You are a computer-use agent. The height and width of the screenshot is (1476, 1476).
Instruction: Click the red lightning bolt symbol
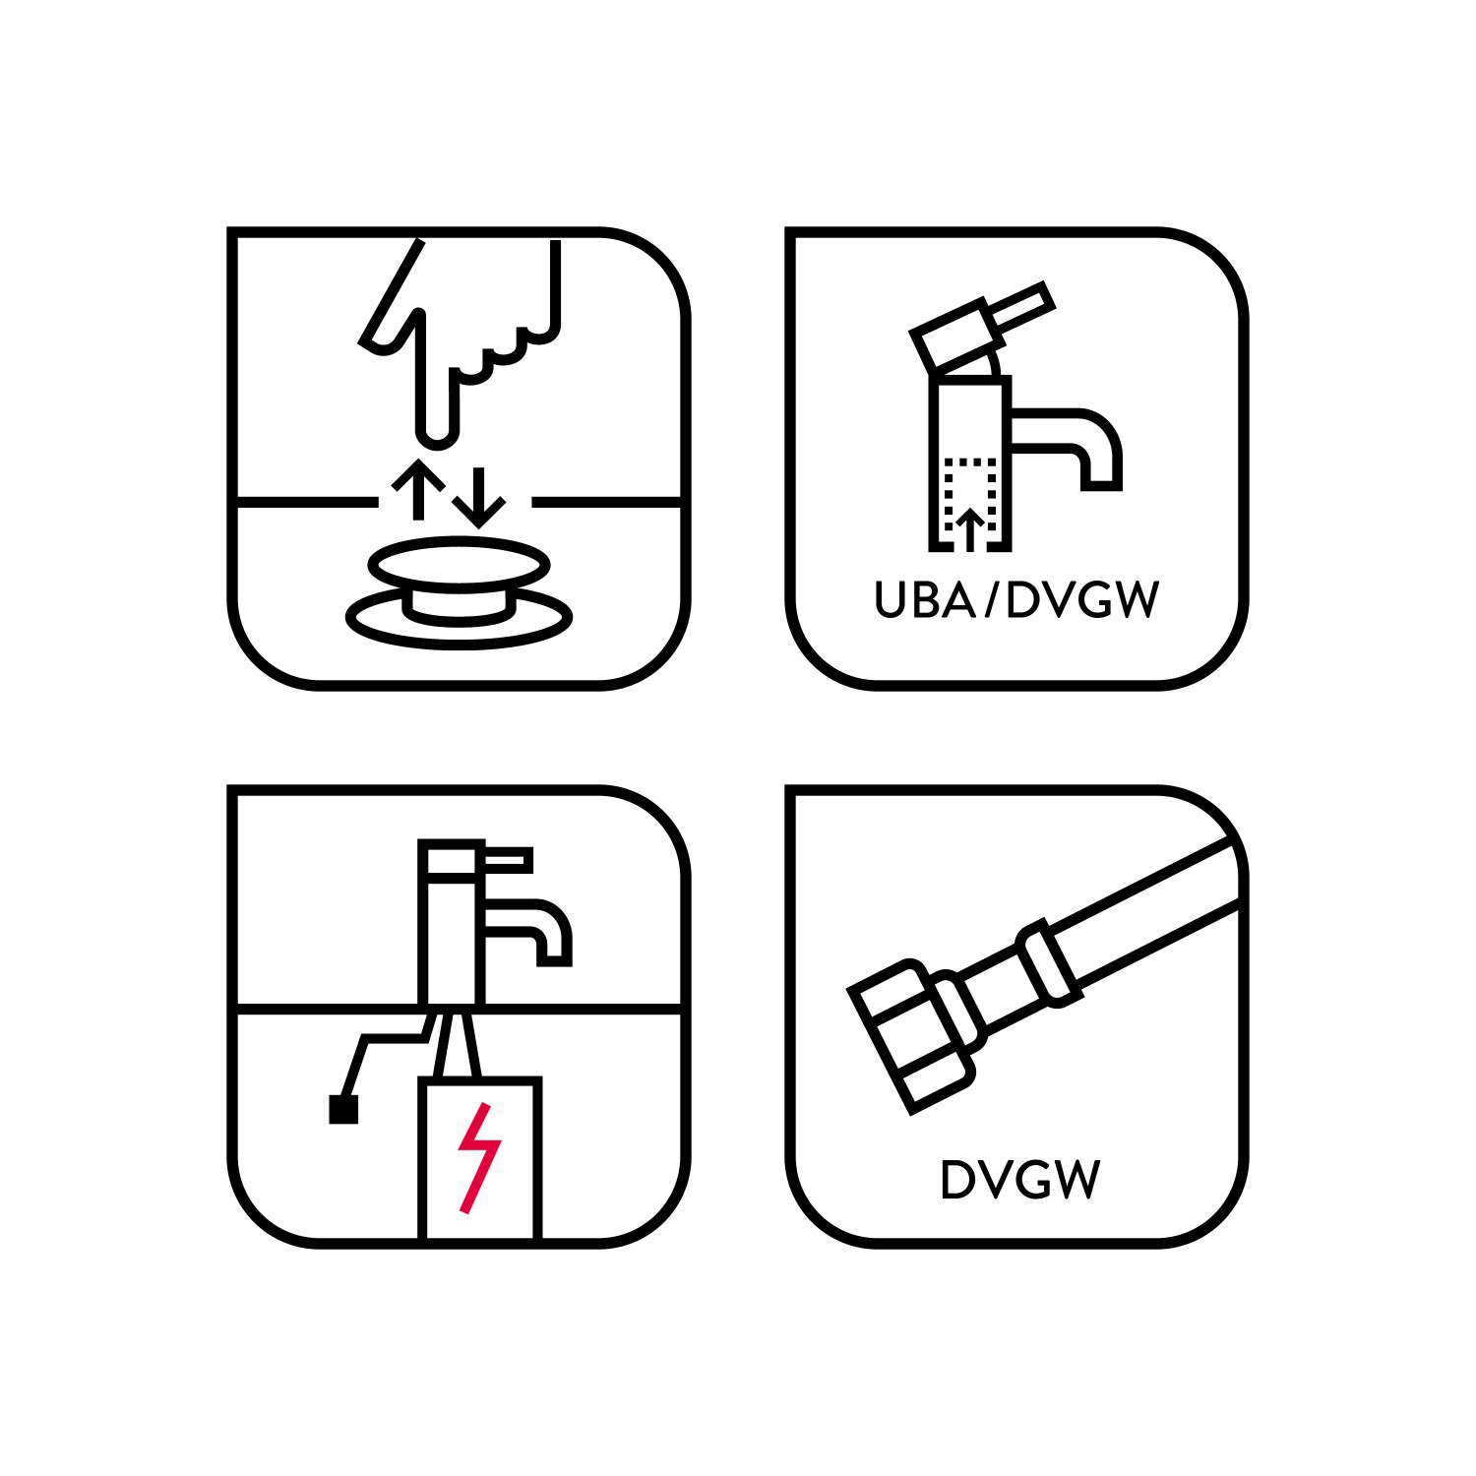(479, 1158)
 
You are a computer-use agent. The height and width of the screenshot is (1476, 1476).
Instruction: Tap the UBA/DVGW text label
(1017, 599)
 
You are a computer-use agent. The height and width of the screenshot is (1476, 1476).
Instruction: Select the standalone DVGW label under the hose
(1019, 1179)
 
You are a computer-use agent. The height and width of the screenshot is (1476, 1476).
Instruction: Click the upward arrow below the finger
(418, 489)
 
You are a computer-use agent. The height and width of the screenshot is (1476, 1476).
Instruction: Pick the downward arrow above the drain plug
(479, 498)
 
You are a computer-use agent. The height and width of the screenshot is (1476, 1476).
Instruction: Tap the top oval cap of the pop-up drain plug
(459, 565)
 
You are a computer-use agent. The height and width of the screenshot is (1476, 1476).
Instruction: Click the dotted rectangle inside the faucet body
(971, 495)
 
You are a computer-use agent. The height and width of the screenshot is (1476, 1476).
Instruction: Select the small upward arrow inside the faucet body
(970, 529)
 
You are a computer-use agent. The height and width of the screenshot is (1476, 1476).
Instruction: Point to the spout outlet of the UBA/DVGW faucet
(1101, 485)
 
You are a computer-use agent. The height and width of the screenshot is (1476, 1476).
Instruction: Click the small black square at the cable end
(343, 1109)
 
